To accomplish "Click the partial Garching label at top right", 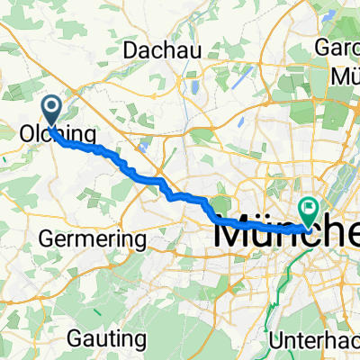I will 337,47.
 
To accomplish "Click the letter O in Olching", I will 27,135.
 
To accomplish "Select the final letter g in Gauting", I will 140,341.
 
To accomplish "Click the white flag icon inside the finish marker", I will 309,209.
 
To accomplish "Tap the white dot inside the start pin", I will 52,109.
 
